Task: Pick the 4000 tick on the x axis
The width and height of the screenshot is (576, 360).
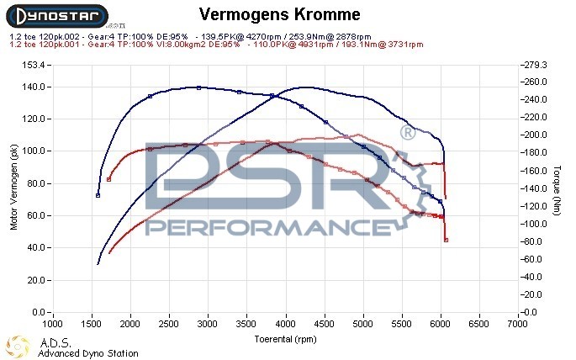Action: tap(286, 323)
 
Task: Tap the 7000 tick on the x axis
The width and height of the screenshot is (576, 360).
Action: tap(519, 323)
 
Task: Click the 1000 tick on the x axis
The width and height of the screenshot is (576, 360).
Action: tap(52, 323)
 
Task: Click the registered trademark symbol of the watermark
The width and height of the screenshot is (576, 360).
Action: tap(406, 133)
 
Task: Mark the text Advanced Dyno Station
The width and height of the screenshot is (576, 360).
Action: tap(88, 353)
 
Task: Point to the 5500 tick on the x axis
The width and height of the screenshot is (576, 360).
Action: tap(402, 323)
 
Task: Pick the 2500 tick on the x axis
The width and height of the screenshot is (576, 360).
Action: tap(169, 323)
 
